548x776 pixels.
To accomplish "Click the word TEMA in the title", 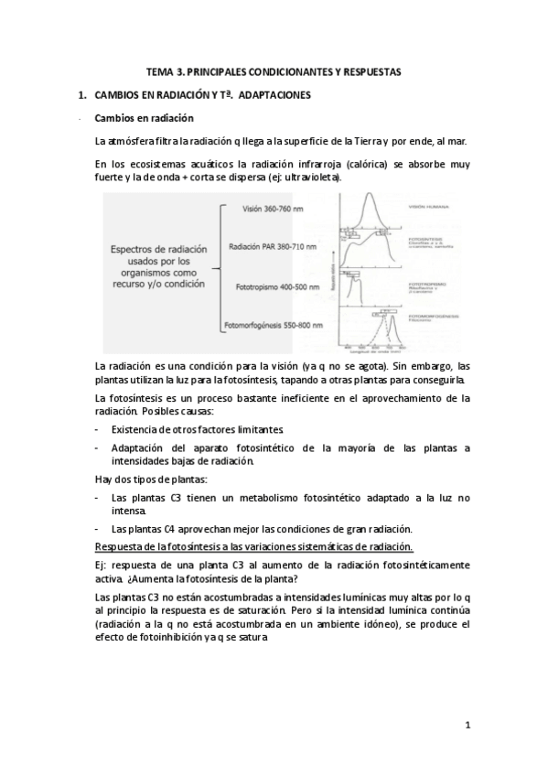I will pos(159,70).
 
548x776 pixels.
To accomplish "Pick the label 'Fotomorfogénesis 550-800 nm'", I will pos(271,326).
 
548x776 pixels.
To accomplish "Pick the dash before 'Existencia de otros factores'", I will pos(98,429).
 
